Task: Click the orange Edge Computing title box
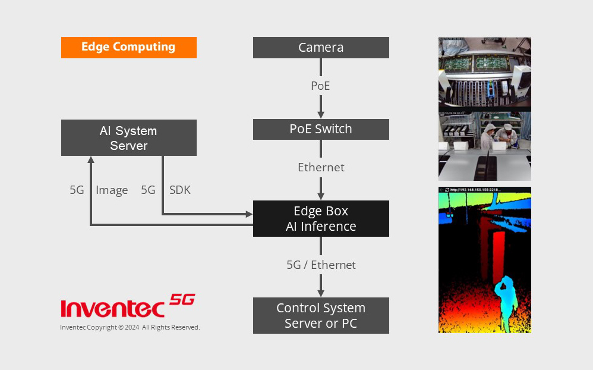[128, 48]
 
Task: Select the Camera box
[321, 48]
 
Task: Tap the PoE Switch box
[321, 129]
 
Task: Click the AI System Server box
[128, 138]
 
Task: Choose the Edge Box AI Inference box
[321, 218]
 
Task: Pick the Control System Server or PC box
[321, 316]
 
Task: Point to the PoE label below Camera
[320, 86]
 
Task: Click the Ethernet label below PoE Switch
[321, 167]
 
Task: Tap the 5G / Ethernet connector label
[321, 265]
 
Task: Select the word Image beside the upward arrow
[112, 190]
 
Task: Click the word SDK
[180, 190]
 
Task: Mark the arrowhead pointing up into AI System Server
[90, 160]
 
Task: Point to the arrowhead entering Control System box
[321, 293]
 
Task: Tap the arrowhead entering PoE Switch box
[321, 114]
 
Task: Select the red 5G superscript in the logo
[182, 299]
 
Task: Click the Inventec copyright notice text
[130, 327]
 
